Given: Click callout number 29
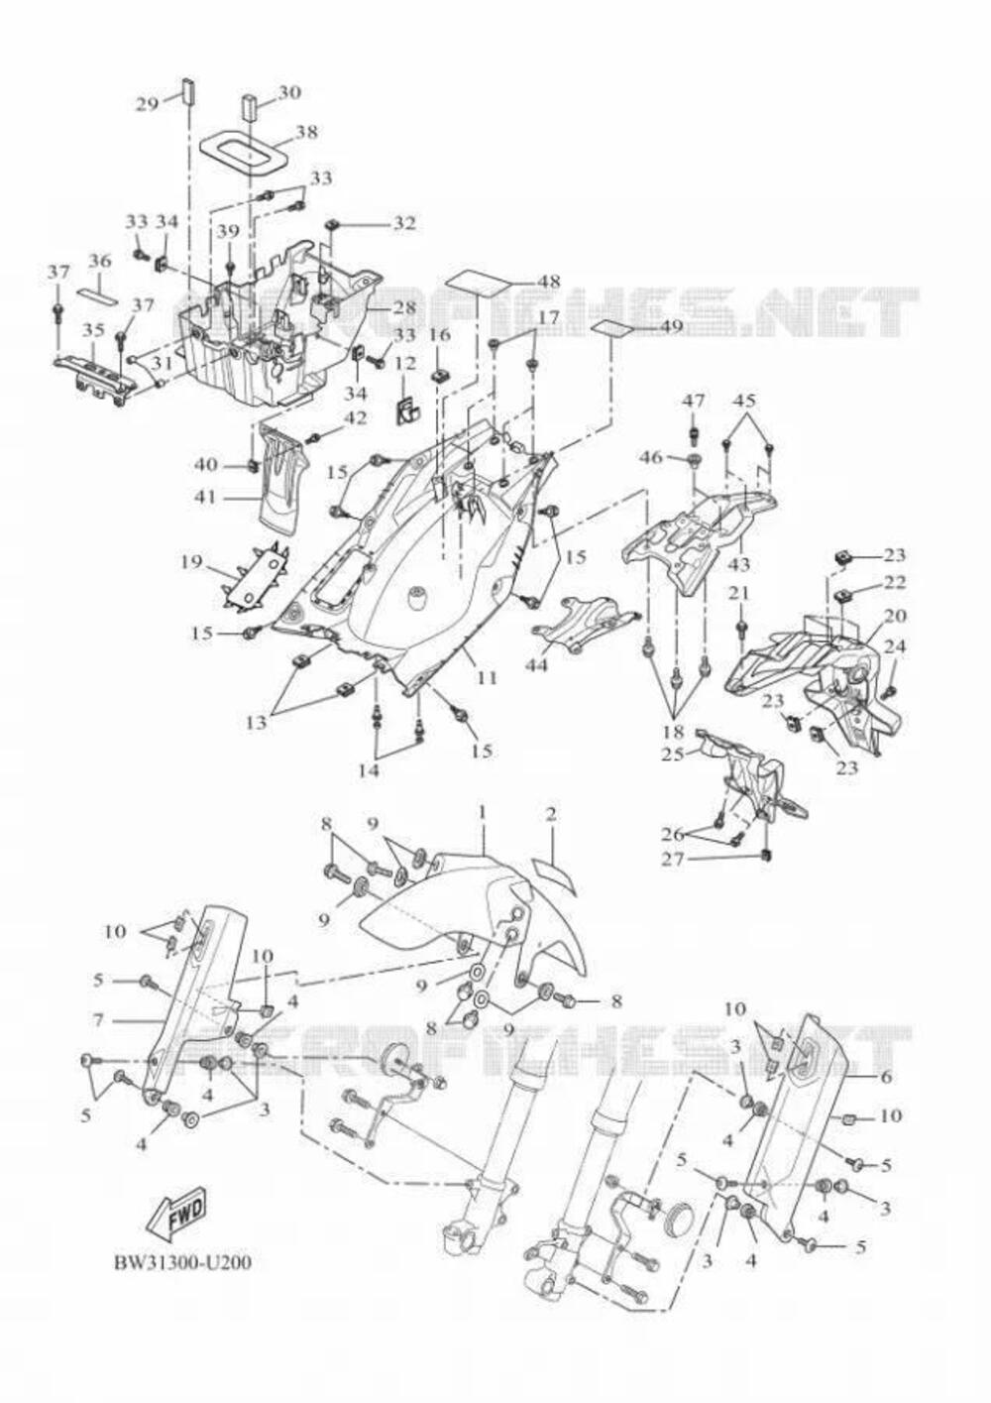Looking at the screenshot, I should click(x=148, y=102).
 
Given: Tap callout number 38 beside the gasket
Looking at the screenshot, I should click(x=306, y=131).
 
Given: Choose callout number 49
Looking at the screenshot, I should click(x=671, y=325).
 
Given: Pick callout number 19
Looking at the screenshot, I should click(x=191, y=563).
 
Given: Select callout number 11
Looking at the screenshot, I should click(x=487, y=678).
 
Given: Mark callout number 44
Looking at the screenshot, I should click(x=536, y=663).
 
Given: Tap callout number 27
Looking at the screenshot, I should click(x=673, y=859).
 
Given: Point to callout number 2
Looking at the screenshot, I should click(x=550, y=814).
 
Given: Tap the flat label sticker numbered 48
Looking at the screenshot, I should click(x=485, y=279).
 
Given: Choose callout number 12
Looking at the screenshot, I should click(x=405, y=364).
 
